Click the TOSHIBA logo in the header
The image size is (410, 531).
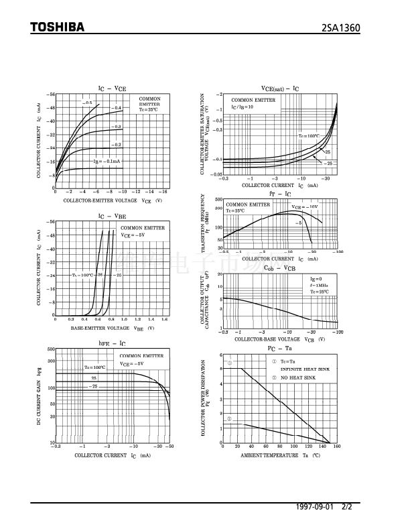click(x=57, y=27)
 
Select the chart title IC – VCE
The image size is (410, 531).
click(x=112, y=88)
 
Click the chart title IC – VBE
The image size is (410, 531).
click(x=112, y=217)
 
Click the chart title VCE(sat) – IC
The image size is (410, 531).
click(x=279, y=88)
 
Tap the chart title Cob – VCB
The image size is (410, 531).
click(x=279, y=268)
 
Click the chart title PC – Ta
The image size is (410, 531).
click(x=280, y=349)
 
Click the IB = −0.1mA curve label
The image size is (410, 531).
click(x=107, y=162)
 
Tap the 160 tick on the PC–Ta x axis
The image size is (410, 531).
click(x=336, y=446)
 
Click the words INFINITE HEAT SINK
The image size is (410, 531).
click(x=299, y=369)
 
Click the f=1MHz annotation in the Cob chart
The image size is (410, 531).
click(x=319, y=285)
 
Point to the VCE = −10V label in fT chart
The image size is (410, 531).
click(x=304, y=206)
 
